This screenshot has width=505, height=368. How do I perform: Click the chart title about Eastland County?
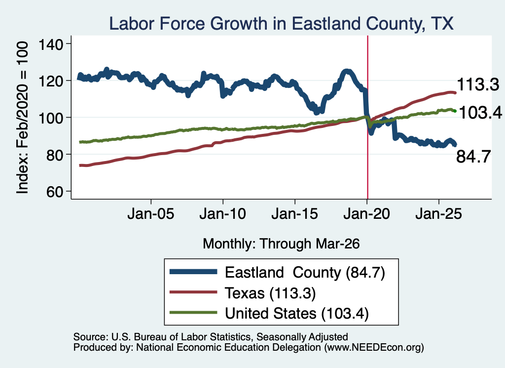click(281, 24)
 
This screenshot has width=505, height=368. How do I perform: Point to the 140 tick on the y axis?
click(51, 44)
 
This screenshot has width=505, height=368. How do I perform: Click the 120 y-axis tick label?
click(51, 81)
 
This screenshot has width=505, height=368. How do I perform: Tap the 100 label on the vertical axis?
click(51, 118)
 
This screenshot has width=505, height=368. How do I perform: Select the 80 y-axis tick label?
click(54, 155)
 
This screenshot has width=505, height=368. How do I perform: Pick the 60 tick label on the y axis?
click(54, 192)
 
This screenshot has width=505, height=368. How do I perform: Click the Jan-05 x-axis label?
click(151, 214)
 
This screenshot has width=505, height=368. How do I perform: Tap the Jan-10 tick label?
click(223, 214)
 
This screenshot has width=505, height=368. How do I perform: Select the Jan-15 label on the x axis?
click(295, 214)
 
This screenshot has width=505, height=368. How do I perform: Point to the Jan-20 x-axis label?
click(367, 214)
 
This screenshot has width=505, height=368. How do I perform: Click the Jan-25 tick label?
click(438, 214)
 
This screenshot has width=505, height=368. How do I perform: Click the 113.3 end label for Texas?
click(478, 84)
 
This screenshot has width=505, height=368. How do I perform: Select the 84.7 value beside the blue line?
click(473, 157)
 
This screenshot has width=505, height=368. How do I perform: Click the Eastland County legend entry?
click(277, 273)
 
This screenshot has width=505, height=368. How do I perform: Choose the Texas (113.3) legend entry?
click(243, 293)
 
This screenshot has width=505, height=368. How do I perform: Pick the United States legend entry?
click(269, 313)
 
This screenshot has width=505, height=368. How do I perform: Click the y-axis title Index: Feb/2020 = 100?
click(22, 118)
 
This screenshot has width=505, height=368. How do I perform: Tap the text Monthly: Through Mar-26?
click(281, 244)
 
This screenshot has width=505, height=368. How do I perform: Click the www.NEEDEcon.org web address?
click(374, 347)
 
